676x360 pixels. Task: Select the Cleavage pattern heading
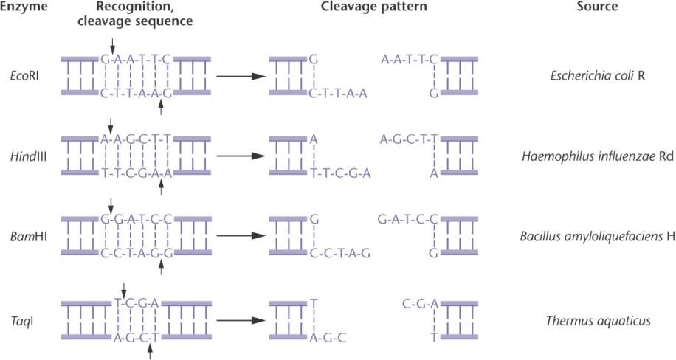[x=373, y=7]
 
